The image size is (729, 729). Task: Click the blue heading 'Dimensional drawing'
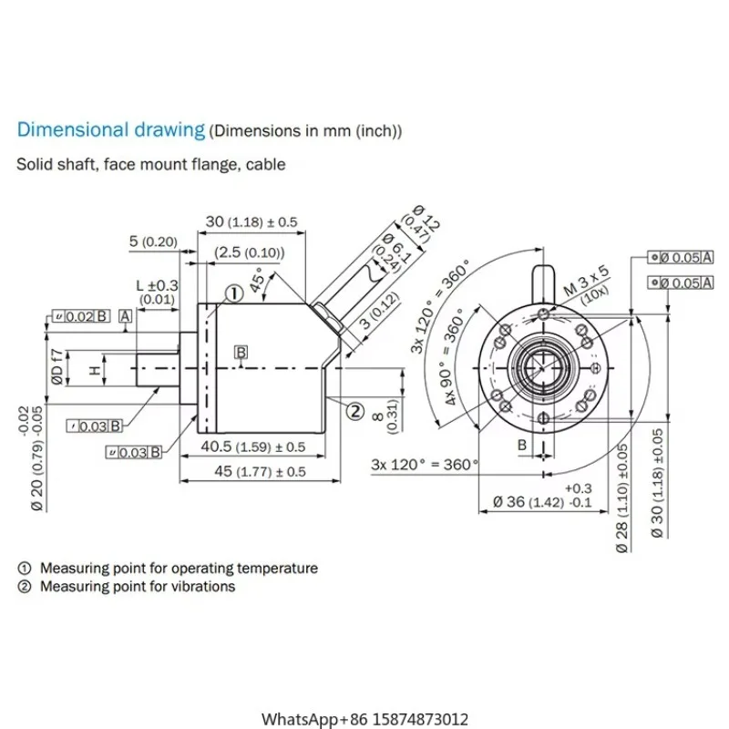click(x=111, y=129)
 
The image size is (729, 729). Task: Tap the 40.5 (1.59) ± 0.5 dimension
click(x=252, y=447)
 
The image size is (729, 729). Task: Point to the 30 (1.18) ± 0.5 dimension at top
click(x=252, y=221)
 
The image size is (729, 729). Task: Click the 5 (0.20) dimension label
click(x=152, y=241)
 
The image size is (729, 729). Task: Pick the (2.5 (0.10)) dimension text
click(x=249, y=252)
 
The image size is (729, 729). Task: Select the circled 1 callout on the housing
click(x=234, y=293)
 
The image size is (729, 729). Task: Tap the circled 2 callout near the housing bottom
click(x=354, y=409)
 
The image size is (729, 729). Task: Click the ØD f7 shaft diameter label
click(x=56, y=369)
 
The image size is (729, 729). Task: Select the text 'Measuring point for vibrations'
click(x=137, y=587)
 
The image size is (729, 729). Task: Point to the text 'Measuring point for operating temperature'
click(x=179, y=568)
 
